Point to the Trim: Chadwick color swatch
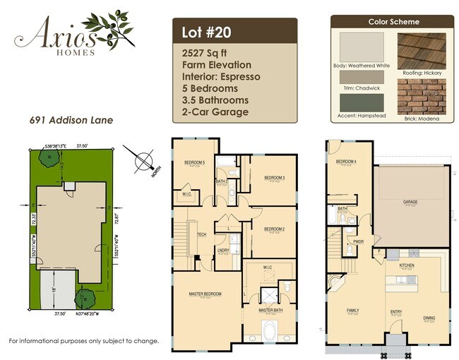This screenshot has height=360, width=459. (x=362, y=77)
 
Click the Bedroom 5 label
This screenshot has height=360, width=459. (x=194, y=163)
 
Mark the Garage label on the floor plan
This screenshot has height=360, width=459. (x=410, y=201)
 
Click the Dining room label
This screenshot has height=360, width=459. (x=429, y=318)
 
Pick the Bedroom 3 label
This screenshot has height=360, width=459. (x=274, y=177)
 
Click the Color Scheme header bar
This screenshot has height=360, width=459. (x=393, y=22)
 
